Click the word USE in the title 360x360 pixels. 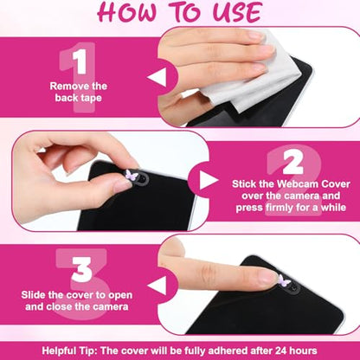tap(238, 12)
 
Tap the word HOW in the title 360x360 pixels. tap(127, 12)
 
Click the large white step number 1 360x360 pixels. tap(80, 61)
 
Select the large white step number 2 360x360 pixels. tap(292, 163)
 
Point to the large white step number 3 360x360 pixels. tap(82, 269)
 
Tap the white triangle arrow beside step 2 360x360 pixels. tap(209, 180)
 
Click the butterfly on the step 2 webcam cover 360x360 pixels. tap(130, 175)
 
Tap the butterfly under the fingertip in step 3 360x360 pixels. tap(284, 280)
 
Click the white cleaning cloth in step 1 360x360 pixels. tap(254, 78)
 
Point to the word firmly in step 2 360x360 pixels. tap(284, 208)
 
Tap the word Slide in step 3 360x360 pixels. tap(33, 295)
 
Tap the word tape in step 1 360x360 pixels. tap(91, 98)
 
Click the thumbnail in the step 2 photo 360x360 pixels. tap(123, 184)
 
